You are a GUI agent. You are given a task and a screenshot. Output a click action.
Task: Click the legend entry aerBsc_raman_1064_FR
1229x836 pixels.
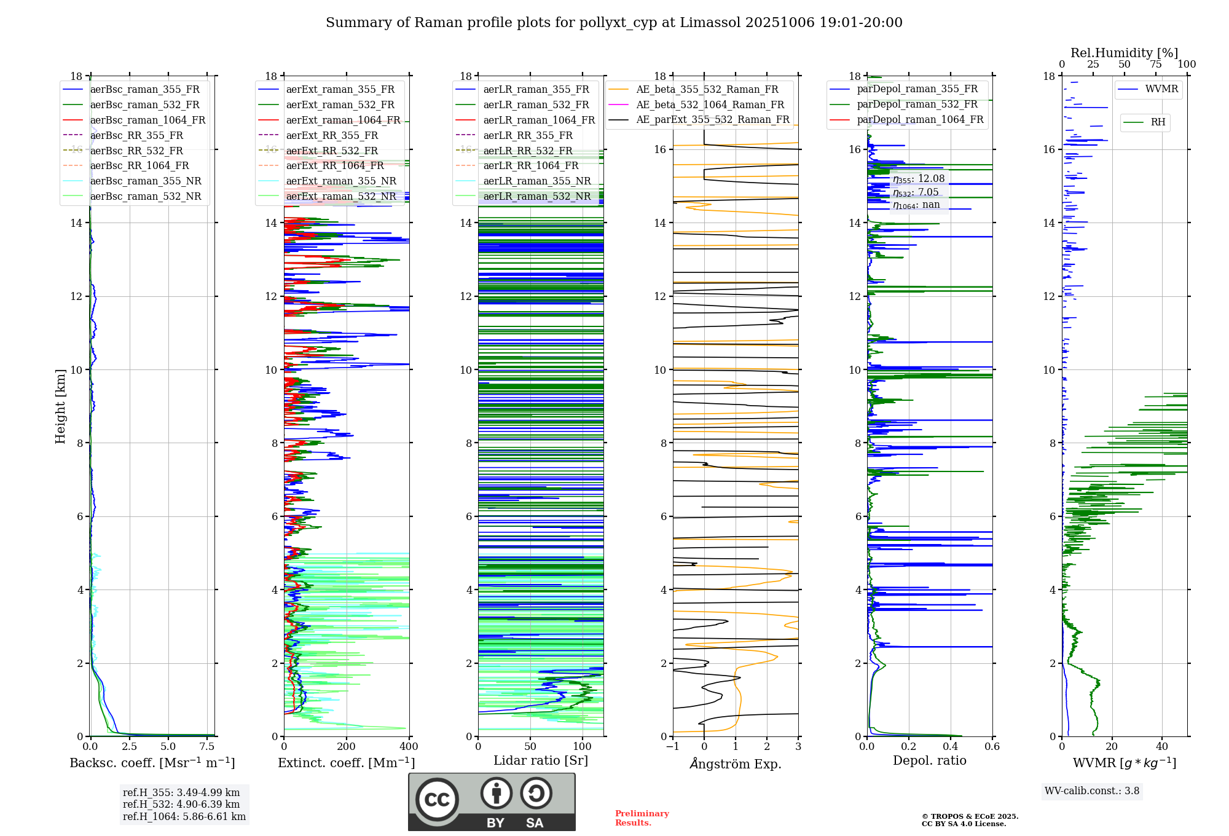[x=134, y=120]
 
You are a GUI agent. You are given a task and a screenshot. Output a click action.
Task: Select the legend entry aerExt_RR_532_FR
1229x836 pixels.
[x=318, y=151]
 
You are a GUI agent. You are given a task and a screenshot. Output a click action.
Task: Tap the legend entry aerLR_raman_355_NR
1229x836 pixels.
[x=523, y=181]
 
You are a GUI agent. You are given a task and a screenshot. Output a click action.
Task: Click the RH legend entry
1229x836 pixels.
[x=1144, y=122]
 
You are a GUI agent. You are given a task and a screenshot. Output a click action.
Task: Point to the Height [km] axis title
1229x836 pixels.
[x=60, y=406]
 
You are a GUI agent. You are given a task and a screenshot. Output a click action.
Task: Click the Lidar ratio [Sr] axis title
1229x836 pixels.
[x=541, y=760]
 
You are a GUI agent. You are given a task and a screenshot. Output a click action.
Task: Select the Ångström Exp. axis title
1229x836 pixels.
[x=736, y=763]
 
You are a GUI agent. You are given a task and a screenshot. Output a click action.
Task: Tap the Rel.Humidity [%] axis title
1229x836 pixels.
[x=1125, y=53]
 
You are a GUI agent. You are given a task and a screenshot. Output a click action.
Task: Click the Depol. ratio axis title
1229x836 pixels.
[x=930, y=760]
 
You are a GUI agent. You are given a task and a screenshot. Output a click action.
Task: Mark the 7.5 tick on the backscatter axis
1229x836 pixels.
[x=208, y=746]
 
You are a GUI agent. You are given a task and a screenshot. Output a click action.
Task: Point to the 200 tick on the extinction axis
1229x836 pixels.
[x=347, y=746]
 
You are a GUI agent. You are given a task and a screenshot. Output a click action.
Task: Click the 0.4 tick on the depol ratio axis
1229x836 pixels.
[x=951, y=746]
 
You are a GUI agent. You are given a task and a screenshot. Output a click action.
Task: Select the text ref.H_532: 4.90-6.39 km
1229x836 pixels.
[x=181, y=804]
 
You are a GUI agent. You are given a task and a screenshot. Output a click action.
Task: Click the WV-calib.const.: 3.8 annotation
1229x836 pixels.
[x=1092, y=791]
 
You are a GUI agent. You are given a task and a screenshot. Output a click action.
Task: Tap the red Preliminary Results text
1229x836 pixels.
[x=642, y=818]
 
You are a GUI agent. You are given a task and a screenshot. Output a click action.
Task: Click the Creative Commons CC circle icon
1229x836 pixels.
[x=437, y=800]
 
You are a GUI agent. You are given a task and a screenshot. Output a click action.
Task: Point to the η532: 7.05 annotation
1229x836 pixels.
[x=916, y=192]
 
